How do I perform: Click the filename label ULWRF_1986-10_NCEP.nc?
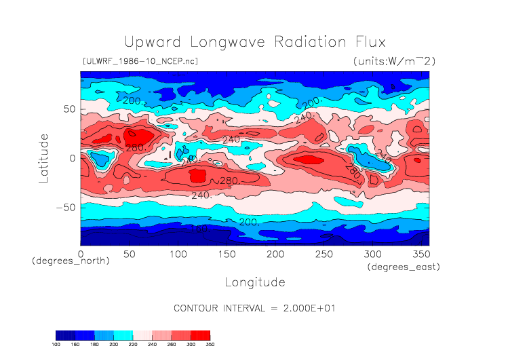point(140,61)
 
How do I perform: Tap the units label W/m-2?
point(394,61)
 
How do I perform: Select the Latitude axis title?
point(44,157)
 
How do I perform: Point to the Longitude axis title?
point(254,282)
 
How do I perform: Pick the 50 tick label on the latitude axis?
point(68,109)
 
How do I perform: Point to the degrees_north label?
point(71,261)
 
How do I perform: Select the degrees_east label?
point(404,267)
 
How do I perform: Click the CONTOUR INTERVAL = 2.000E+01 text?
point(254,308)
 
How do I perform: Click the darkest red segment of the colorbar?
point(201,335)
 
